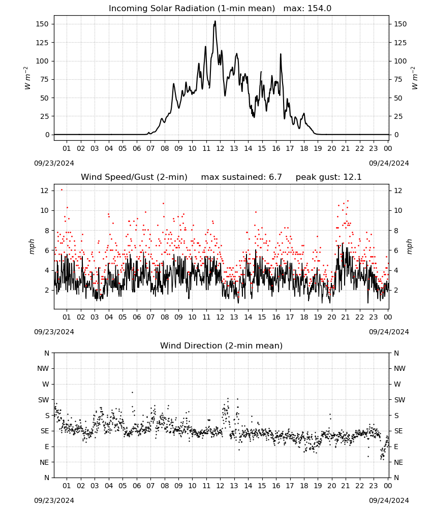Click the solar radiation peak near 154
pos(215,21)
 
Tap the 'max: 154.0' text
pos(307,9)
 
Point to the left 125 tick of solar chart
pos(43,43)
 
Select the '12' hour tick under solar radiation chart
pos(220,148)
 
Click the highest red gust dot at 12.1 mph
pos(61,190)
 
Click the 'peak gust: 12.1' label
pos(328,177)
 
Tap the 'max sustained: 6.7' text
pos(241,177)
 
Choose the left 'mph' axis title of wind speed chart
pos(32,246)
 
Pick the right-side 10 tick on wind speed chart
pos(397,211)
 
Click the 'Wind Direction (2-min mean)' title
pos(222,345)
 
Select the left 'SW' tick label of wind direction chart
pos(43,400)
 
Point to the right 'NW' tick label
pos(399,368)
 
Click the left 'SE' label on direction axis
pos(45,431)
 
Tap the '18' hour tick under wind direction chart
pos(304,486)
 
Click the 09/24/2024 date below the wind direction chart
pos(389,500)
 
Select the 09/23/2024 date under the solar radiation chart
pos(54,163)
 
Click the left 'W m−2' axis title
pos(27,78)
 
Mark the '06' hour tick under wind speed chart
pos(137,317)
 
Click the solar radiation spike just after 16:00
pos(281,54)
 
